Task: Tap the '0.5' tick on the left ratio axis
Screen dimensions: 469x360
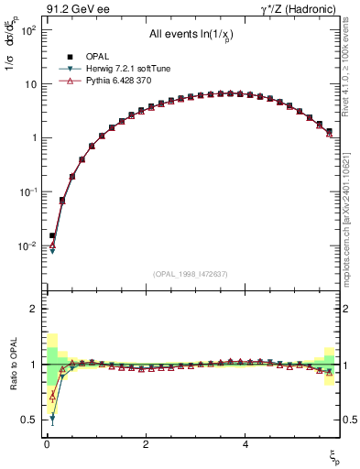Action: tap(27, 420)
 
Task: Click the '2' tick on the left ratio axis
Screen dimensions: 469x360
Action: tap(32, 309)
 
